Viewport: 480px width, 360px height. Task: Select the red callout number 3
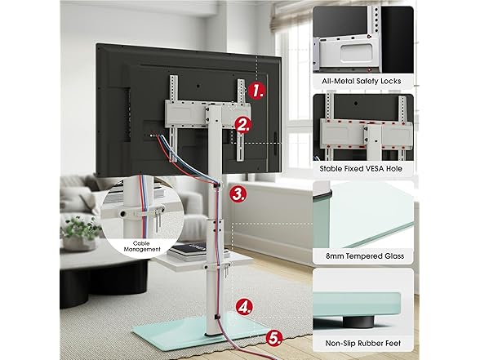[238, 194]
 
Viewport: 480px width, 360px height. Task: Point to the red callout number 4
[244, 309]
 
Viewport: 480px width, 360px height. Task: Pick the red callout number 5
[275, 335]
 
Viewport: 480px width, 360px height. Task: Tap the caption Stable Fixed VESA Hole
[361, 169]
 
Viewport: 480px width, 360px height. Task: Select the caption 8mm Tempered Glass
[361, 256]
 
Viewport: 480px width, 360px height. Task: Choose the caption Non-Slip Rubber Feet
[361, 344]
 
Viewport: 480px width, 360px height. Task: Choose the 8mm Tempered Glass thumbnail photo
[361, 214]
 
